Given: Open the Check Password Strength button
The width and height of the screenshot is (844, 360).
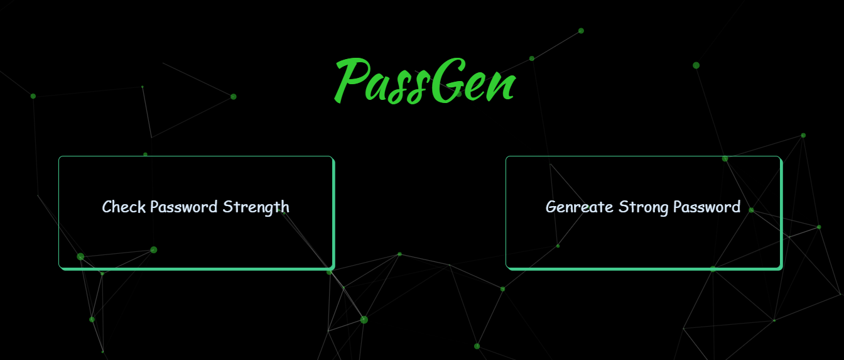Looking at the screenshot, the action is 196,212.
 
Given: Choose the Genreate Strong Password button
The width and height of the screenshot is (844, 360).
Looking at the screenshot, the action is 643,212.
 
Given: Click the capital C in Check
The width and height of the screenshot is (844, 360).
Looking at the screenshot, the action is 107,207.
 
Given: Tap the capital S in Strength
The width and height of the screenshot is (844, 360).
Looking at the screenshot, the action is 227,207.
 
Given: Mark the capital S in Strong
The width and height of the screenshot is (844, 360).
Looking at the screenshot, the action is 623,207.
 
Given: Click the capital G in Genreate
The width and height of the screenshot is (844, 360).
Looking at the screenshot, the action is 551,207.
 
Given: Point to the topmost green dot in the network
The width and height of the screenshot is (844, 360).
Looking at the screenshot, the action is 581,31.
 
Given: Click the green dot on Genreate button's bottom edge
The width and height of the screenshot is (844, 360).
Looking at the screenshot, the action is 713,269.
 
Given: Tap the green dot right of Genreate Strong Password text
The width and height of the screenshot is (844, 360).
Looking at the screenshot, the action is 751,210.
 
